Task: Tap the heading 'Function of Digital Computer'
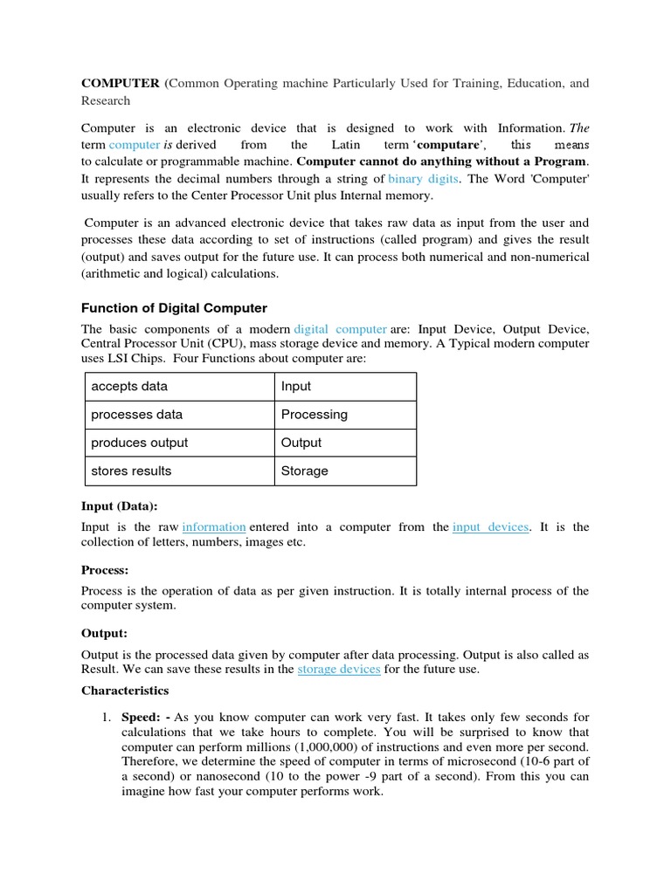[174, 307]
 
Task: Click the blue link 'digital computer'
[340, 328]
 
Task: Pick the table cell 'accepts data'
[129, 386]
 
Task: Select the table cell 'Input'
[296, 386]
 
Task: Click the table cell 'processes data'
[136, 414]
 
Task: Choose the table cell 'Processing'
[314, 414]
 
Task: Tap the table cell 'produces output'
[139, 443]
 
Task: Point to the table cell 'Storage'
[304, 471]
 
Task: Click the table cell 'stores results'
[131, 471]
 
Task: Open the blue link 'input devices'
[490, 526]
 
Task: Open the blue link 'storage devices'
[338, 669]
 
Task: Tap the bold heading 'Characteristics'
[125, 690]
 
